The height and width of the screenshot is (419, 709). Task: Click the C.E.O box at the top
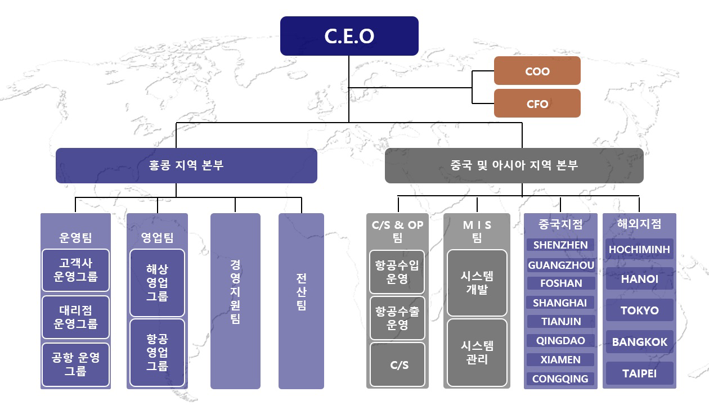pos(349,36)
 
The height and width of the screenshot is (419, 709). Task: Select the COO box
pos(537,70)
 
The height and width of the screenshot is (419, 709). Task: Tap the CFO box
pos(537,103)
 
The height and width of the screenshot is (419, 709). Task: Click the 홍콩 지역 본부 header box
pos(186,165)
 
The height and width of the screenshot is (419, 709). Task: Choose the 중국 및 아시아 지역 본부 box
pos(514,165)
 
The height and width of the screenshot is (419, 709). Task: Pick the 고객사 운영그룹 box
pos(75,270)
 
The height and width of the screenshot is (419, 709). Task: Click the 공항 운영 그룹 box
pos(75,364)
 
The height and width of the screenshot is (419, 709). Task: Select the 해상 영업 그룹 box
pos(157,283)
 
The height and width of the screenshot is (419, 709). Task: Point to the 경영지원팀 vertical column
pos(235,301)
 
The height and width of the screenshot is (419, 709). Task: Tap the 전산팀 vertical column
pos(302,301)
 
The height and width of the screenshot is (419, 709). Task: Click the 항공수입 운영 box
pos(397,272)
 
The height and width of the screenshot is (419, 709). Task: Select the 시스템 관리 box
pos(477,353)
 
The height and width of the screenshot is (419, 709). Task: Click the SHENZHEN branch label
pos(560,245)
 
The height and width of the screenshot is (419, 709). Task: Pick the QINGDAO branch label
pos(560,340)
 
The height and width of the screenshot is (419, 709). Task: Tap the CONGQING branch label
pos(560,379)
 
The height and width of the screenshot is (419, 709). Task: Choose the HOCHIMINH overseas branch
pos(639,249)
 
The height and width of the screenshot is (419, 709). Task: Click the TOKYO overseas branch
pos(639,310)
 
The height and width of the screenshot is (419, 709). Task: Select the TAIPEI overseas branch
pos(639,373)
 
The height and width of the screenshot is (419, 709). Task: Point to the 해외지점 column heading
pos(639,224)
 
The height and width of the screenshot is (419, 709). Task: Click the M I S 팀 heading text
pos(477,231)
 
